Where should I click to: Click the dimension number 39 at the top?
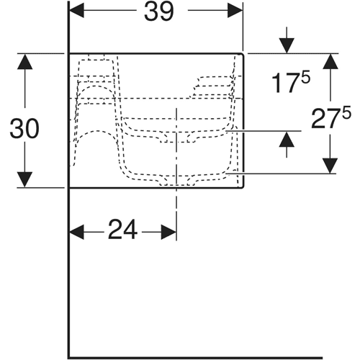pyautogui.click(x=158, y=12)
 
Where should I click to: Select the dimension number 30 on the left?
pyautogui.click(x=24, y=129)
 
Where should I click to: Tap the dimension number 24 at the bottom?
pyautogui.click(x=123, y=230)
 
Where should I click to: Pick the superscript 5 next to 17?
pyautogui.click(x=306, y=76)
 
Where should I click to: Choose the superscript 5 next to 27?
pyautogui.click(x=346, y=112)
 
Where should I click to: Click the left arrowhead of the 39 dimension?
pyautogui.click(x=77, y=11)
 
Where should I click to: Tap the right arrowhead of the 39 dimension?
pyautogui.click(x=235, y=11)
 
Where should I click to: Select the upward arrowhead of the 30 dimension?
pyautogui.click(x=24, y=62)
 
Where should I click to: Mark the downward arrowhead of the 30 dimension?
pyautogui.click(x=24, y=179)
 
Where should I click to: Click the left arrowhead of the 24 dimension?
pyautogui.click(x=77, y=232)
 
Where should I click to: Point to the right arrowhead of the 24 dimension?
pyautogui.click(x=169, y=232)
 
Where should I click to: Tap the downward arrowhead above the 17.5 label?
pyautogui.click(x=287, y=46)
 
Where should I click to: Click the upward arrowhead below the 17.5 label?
pyautogui.click(x=287, y=139)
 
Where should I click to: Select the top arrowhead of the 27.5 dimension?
pyautogui.click(x=330, y=62)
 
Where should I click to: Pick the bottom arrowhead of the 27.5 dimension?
pyautogui.click(x=330, y=166)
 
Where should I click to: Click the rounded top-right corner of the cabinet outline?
pyautogui.click(x=243, y=54)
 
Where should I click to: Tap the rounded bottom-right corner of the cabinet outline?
pyautogui.click(x=243, y=186)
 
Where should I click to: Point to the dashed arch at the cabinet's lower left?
pyautogui.click(x=97, y=131)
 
